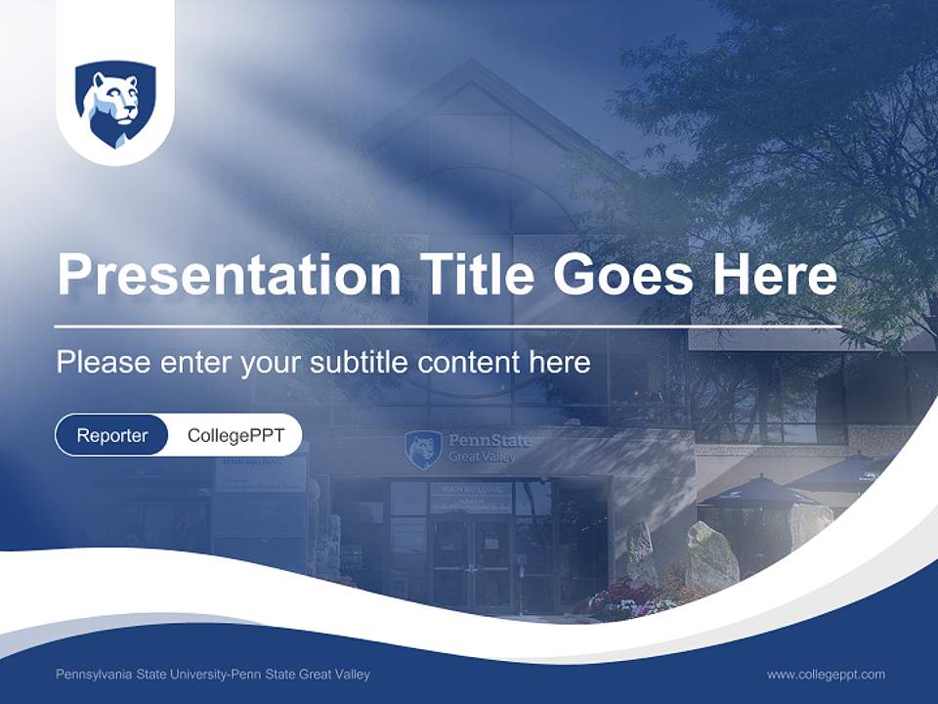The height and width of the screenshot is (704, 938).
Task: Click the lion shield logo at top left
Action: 115,104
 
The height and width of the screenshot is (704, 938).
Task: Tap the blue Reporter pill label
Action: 112,435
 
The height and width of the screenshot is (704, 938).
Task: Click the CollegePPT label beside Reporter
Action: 235,435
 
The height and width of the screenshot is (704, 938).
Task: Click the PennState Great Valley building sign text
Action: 489,448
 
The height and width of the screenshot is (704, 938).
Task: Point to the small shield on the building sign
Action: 423,450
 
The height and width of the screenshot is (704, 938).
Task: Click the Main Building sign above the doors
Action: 470,490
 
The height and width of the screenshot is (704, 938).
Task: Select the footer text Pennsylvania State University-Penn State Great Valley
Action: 213,674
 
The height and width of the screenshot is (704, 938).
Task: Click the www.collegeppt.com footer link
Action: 826,674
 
